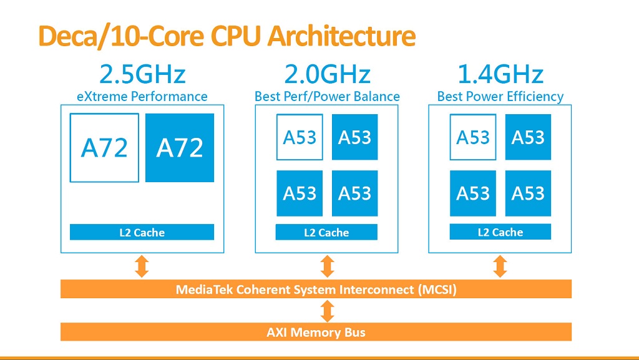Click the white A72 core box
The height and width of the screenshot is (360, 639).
tap(104, 148)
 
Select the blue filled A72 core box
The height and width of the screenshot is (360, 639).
tap(180, 148)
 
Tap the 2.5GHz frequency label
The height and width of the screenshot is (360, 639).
tap(142, 75)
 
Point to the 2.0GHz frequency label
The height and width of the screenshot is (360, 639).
tap(327, 75)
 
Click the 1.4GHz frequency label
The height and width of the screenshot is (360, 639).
tap(500, 75)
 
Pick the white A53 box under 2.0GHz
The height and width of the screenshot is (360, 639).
tap(300, 137)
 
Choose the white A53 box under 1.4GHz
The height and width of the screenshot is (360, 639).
tap(473, 137)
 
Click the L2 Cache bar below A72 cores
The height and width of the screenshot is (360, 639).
tap(142, 233)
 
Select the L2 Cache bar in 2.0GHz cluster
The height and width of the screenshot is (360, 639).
tap(326, 233)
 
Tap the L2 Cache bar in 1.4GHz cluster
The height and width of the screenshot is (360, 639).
tap(500, 232)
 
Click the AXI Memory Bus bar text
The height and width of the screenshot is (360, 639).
tap(316, 332)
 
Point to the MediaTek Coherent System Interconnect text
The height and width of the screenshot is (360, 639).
tap(316, 289)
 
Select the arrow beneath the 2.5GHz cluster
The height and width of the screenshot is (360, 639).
tap(142, 266)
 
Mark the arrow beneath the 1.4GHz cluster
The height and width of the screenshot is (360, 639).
tap(500, 266)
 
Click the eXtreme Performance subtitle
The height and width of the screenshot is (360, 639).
tap(142, 97)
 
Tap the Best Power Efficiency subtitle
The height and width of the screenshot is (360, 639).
tap(500, 97)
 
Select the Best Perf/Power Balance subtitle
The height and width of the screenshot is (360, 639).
tap(327, 97)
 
